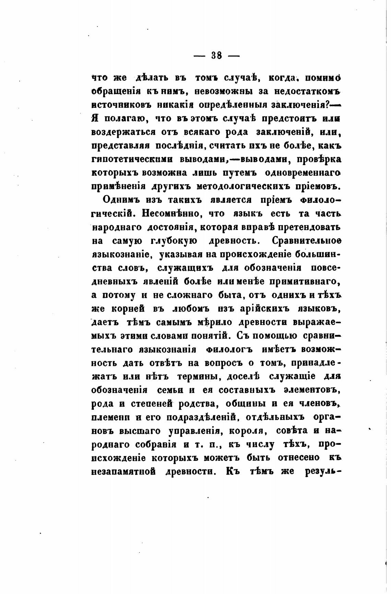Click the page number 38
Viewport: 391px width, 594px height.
[x=216, y=56]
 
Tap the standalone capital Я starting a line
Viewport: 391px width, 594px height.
[x=95, y=118]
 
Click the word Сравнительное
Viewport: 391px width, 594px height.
[x=307, y=241]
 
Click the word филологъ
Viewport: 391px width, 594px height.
[x=229, y=350]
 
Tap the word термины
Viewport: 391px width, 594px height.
[x=198, y=376]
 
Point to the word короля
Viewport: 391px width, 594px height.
[x=246, y=431]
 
